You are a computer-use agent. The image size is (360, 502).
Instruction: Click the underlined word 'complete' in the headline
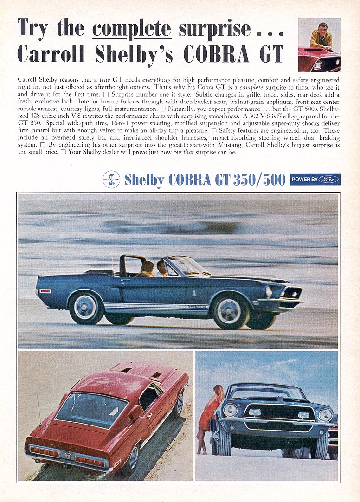point(131,29)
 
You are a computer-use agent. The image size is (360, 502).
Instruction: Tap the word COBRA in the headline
point(217,54)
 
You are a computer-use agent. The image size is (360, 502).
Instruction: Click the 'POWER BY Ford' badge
point(315,180)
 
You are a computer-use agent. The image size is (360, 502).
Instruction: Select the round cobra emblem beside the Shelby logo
point(111,180)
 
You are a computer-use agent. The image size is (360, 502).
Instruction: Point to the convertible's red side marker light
point(45,291)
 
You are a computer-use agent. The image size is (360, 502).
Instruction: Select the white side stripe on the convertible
point(153,307)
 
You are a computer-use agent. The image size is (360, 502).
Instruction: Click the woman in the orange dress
point(206,415)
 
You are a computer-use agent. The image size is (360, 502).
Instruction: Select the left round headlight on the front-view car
point(230,411)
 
